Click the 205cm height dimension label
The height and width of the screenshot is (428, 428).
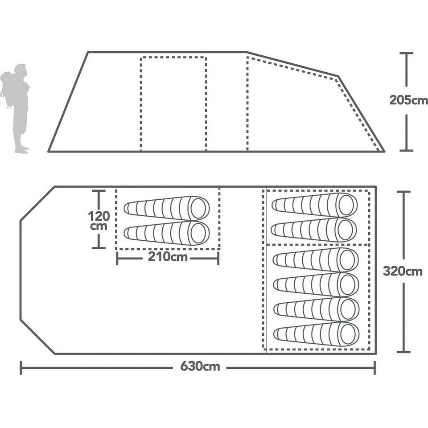tap(409, 100)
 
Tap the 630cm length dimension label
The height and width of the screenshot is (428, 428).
tap(200, 366)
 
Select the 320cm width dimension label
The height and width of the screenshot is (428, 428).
tap(403, 271)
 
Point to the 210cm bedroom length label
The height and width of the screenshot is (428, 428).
tap(168, 257)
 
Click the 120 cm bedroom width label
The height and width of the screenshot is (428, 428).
tap(99, 221)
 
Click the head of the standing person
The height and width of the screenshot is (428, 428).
tap(21, 70)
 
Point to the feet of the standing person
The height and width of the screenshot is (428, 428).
tap(22, 150)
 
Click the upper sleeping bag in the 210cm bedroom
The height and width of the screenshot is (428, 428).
tap(166, 208)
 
